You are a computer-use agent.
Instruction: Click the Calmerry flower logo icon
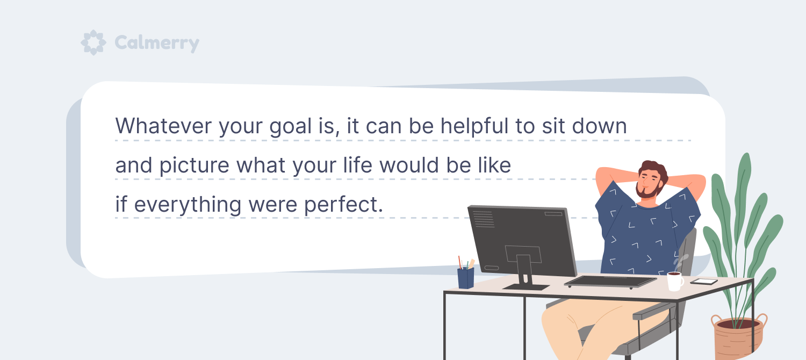(x=93, y=42)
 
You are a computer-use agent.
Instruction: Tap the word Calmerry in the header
(x=157, y=43)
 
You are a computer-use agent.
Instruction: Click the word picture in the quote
(x=195, y=165)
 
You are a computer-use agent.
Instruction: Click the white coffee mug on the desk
(x=675, y=281)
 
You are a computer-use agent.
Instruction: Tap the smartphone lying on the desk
(x=704, y=282)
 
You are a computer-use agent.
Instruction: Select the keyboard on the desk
(x=610, y=281)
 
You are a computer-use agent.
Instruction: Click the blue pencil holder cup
(x=466, y=278)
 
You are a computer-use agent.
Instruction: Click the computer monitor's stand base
(x=526, y=286)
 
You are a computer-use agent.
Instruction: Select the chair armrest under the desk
(x=652, y=312)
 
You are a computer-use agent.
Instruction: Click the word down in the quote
(x=600, y=126)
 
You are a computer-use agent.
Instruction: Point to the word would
(x=409, y=165)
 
